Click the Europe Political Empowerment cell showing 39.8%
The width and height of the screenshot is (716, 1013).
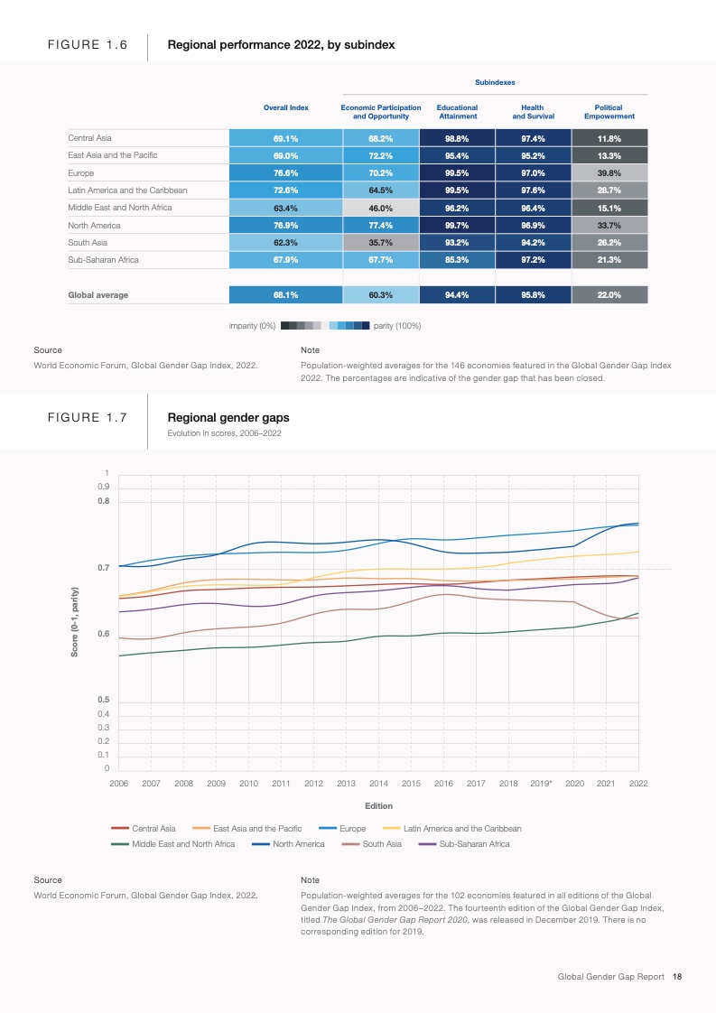pos(609,173)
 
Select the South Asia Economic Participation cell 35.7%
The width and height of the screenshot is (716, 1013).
pos(380,243)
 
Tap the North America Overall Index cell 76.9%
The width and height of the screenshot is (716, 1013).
pos(285,226)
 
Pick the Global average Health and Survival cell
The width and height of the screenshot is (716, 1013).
pos(533,294)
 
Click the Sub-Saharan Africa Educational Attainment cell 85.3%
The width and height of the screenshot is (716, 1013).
pos(457,260)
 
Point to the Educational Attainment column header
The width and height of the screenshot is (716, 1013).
pos(457,112)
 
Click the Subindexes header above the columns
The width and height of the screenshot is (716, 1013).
pos(495,82)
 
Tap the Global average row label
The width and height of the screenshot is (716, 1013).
pos(98,294)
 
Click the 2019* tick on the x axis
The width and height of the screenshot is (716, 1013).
pos(541,783)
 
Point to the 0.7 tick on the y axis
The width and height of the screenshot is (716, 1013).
pos(104,568)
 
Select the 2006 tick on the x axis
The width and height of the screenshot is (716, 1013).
pos(118,783)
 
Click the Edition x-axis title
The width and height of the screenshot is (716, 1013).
pos(378,805)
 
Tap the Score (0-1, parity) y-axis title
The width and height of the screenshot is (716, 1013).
pos(75,621)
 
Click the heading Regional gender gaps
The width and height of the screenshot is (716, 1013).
pos(228,418)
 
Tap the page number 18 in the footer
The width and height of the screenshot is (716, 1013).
pos(676,976)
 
